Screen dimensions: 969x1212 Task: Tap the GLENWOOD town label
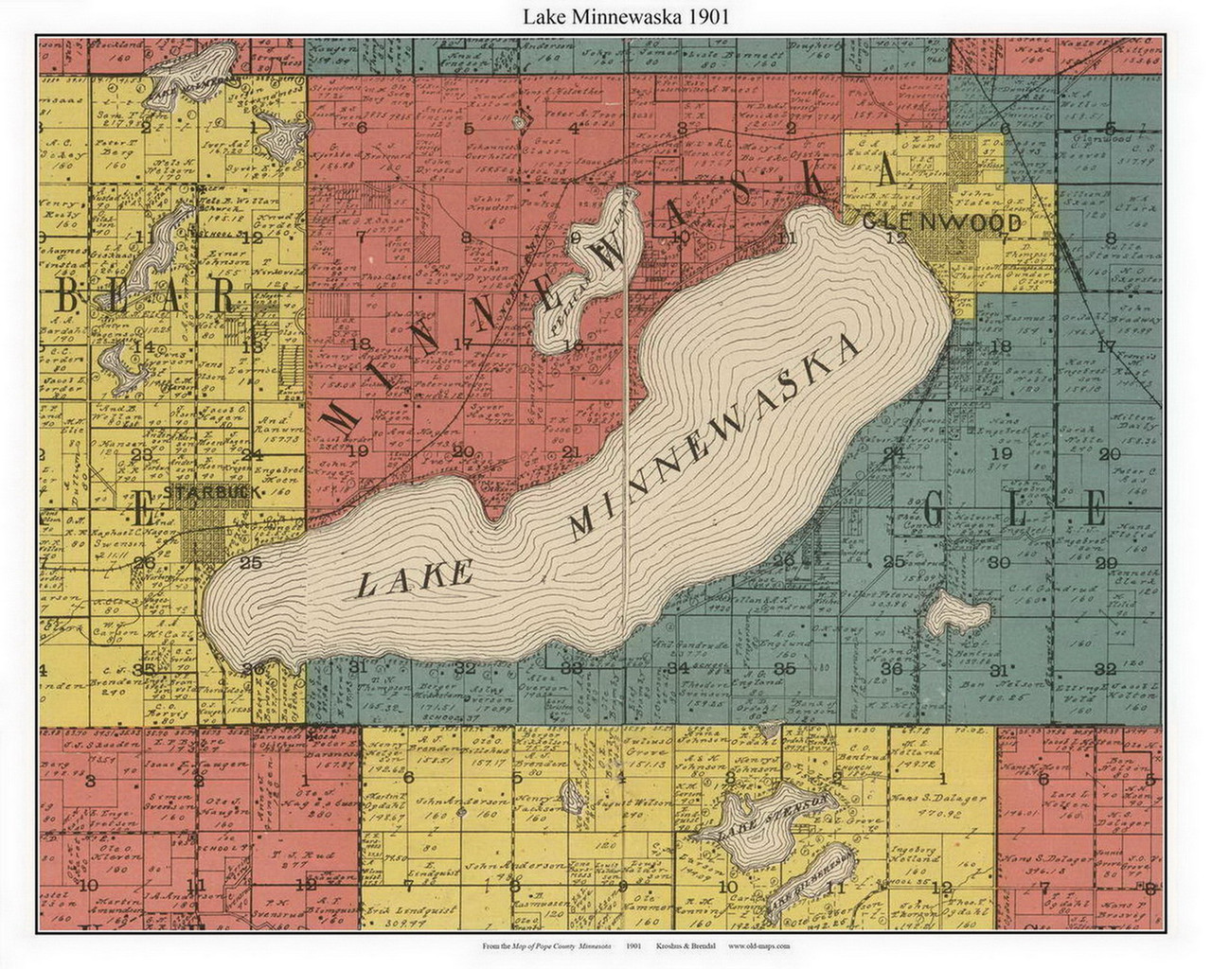(942, 223)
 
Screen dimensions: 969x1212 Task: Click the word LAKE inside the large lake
(413, 578)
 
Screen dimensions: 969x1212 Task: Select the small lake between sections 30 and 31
(957, 616)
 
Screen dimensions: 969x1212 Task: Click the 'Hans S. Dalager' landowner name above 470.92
(938, 799)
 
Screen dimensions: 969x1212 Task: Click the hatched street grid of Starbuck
(204, 531)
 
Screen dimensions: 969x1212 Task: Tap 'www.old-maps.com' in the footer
(758, 945)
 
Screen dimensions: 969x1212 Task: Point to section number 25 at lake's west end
(250, 563)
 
